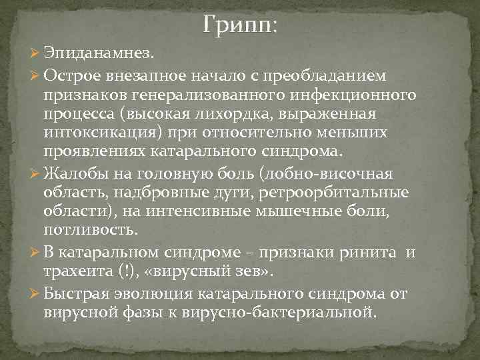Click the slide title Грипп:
[241, 27]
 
